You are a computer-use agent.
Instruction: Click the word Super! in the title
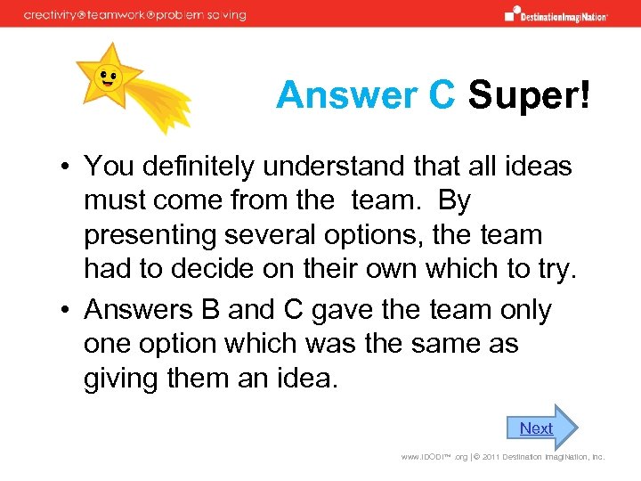528,95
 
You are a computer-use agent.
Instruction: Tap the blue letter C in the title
441,95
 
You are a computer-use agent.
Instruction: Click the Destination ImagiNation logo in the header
556,13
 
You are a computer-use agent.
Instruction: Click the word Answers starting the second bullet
138,309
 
